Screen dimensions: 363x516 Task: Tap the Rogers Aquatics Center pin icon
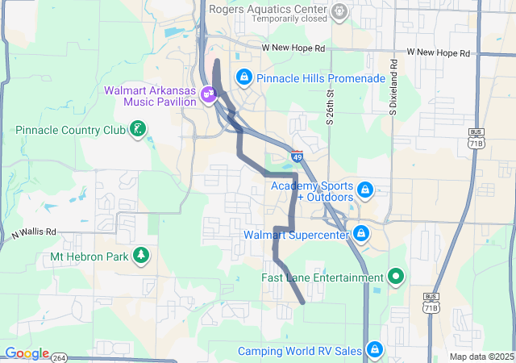339,11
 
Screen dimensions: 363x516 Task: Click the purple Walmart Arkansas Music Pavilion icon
209,94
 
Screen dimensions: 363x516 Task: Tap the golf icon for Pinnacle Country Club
139,129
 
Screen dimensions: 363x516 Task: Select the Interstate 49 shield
298,156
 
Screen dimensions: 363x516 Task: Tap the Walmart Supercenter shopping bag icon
360,235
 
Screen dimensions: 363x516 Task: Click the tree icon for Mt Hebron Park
142,256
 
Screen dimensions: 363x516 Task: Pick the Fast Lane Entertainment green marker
395,277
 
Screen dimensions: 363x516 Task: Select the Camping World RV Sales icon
374,350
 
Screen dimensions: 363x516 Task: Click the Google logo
26,353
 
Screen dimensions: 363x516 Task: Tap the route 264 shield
60,357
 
